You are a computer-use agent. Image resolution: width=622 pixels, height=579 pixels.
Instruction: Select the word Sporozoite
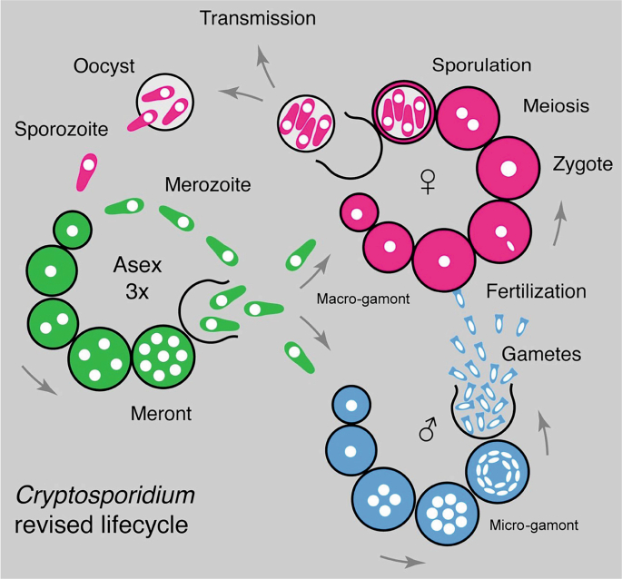(61, 130)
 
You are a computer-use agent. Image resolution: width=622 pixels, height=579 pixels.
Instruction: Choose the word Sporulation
(481, 65)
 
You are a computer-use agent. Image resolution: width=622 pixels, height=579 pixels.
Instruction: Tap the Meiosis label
(557, 106)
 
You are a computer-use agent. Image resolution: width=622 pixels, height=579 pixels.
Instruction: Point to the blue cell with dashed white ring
(496, 471)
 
